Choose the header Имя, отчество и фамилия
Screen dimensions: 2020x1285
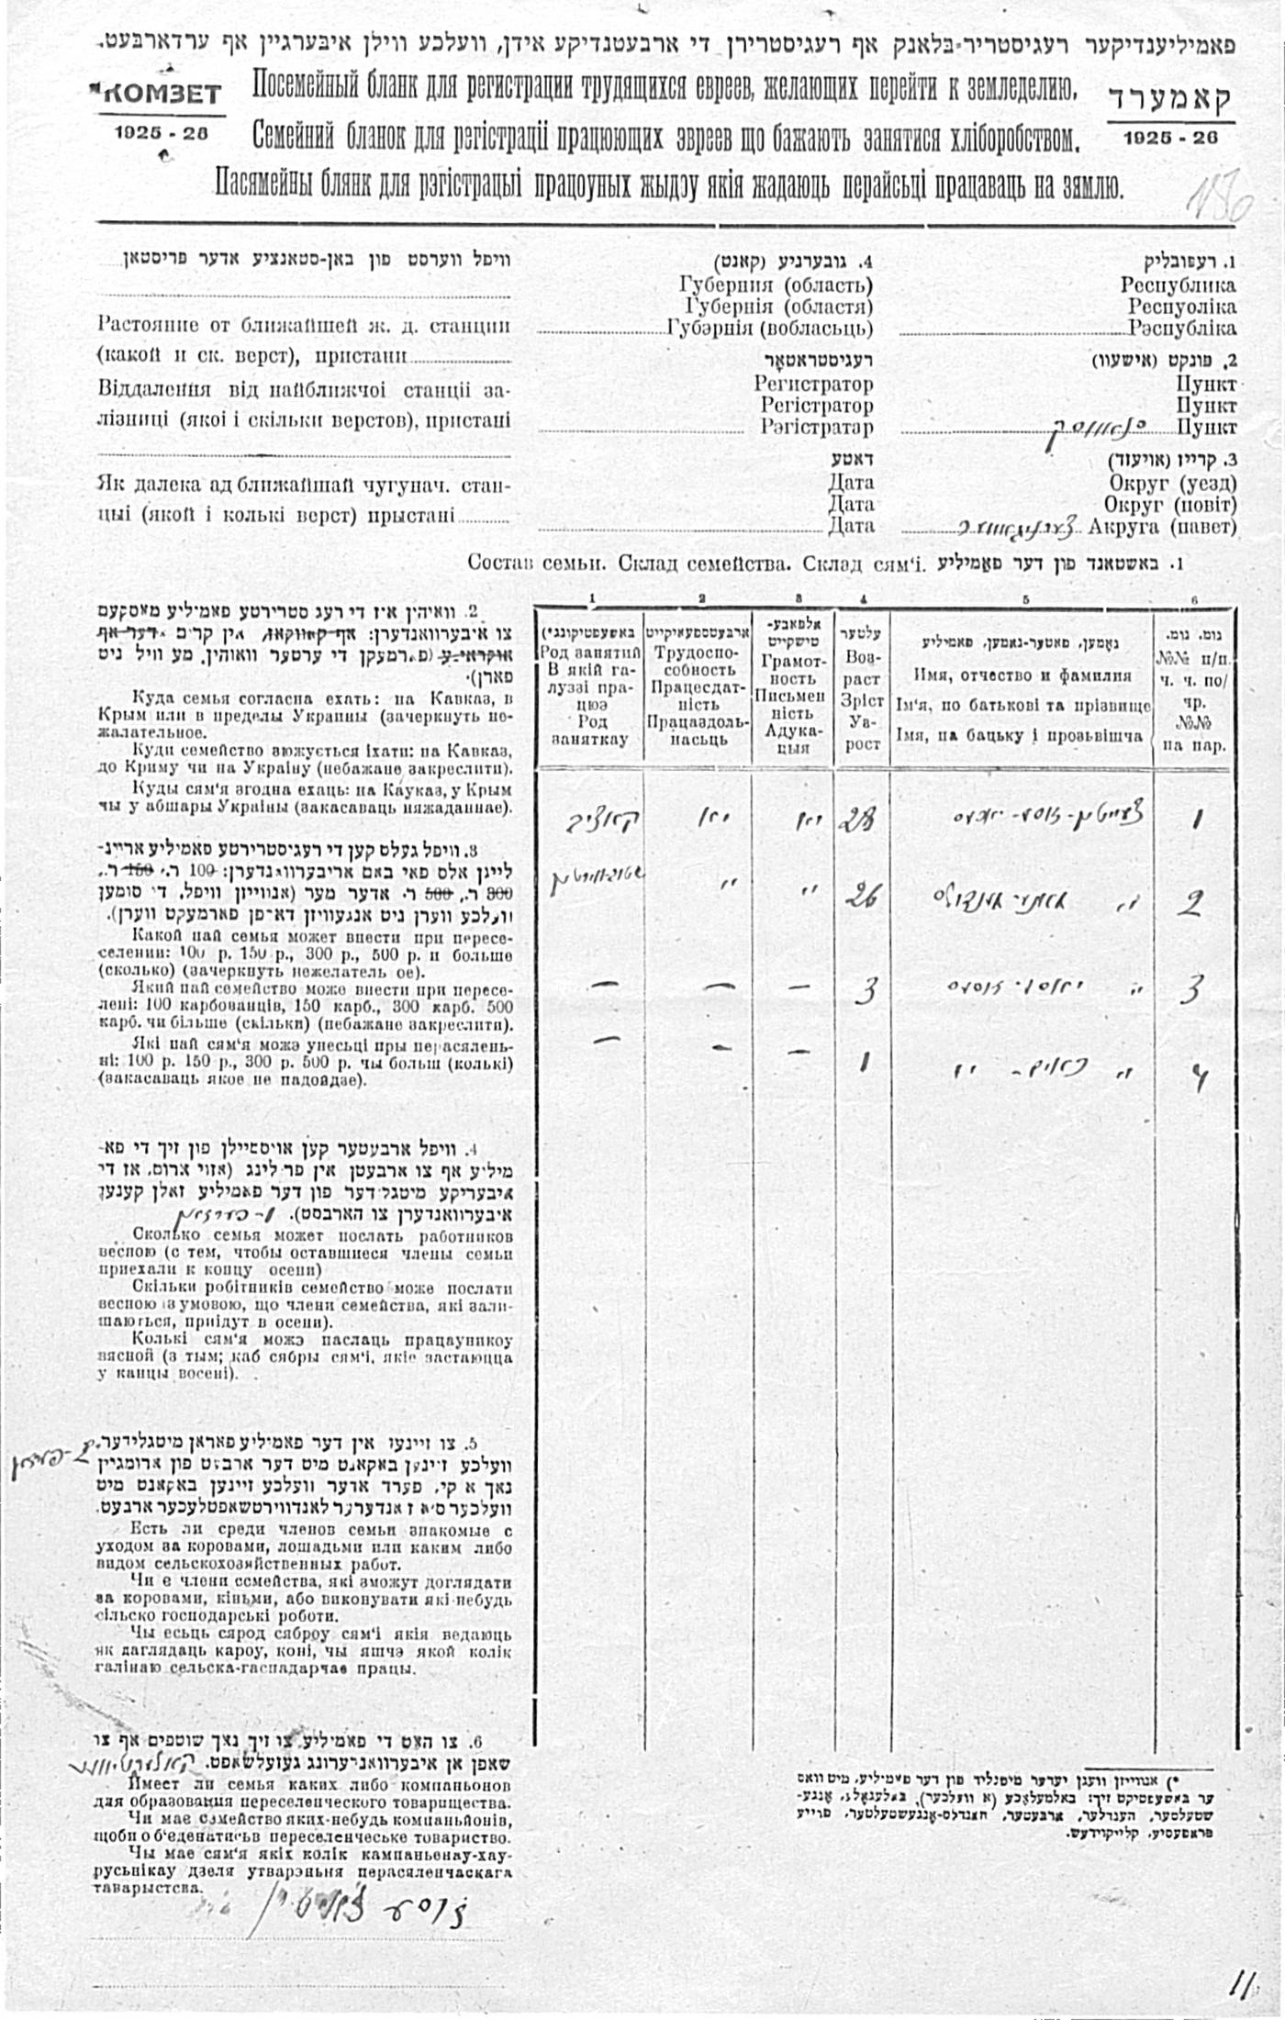coord(1022,676)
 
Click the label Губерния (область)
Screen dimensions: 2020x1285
coord(777,285)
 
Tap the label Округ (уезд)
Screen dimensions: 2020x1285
coord(1170,484)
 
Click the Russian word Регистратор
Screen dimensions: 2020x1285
coord(813,384)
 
